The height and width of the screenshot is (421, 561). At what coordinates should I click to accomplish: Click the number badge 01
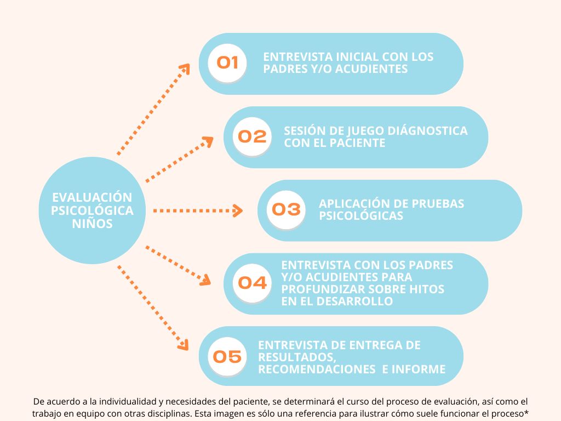[227, 63]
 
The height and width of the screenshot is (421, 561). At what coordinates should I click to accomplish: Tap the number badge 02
[252, 136]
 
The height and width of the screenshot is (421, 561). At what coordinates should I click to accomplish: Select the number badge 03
[286, 209]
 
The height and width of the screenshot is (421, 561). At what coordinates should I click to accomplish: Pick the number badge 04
[252, 283]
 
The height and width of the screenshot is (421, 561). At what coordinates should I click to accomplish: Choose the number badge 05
[227, 356]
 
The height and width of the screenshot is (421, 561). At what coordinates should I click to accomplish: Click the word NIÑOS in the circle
[92, 224]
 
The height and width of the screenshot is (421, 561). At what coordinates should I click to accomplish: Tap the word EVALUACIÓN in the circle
[92, 197]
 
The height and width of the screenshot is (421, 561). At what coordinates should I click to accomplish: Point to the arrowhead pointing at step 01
[185, 69]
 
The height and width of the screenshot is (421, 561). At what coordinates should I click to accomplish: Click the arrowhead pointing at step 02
[208, 142]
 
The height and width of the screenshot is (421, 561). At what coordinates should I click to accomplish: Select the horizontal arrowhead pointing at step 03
[238, 210]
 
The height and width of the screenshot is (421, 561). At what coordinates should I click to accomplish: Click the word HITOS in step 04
[427, 289]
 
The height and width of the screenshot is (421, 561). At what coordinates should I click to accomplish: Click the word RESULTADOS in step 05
[297, 357]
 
